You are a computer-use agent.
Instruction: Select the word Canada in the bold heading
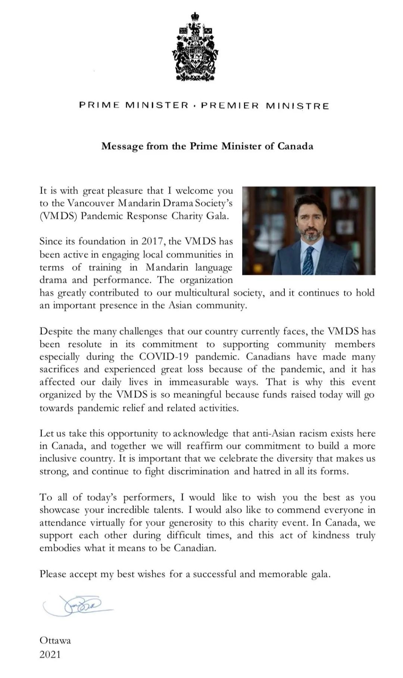pos(295,146)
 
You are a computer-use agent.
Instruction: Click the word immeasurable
pos(199,382)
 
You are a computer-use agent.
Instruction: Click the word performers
pos(148,497)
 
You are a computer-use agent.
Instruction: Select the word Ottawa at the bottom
pos(55,641)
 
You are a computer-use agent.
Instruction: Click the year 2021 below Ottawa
pos(50,654)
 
